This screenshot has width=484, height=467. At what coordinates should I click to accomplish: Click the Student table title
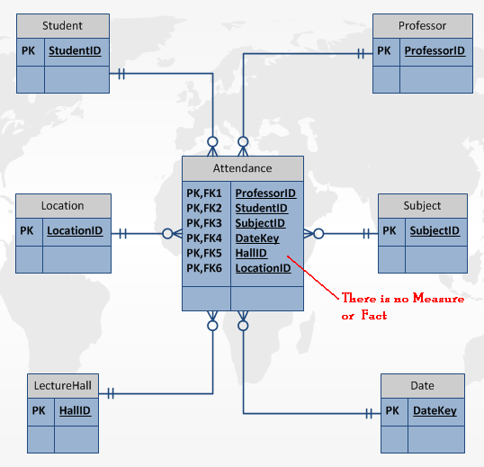point(63,25)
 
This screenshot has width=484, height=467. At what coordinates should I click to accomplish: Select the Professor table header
point(422,25)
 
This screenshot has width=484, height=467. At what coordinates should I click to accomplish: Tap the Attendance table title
point(242,168)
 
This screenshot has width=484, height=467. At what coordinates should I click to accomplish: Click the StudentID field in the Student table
point(75,51)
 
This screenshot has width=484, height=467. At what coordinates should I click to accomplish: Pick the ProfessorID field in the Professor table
point(435,51)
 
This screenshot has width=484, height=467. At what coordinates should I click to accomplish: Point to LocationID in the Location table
point(75,231)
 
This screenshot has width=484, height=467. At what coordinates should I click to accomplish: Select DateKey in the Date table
point(435,411)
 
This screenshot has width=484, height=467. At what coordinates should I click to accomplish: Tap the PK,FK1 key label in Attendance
point(204,193)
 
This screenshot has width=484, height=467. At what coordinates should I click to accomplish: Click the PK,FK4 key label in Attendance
point(204,238)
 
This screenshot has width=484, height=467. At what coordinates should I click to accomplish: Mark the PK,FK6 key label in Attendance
point(204,268)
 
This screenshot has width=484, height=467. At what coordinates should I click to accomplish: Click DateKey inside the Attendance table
point(256,238)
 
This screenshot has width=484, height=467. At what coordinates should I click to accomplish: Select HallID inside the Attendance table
point(251,254)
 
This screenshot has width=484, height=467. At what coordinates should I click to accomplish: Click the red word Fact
point(373,315)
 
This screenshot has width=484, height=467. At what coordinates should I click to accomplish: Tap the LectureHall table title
point(63,385)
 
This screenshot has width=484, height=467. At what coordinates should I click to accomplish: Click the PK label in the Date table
point(392,411)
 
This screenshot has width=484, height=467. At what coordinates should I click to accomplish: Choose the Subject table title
point(422,205)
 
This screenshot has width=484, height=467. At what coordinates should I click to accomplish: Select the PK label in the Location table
point(27,231)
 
